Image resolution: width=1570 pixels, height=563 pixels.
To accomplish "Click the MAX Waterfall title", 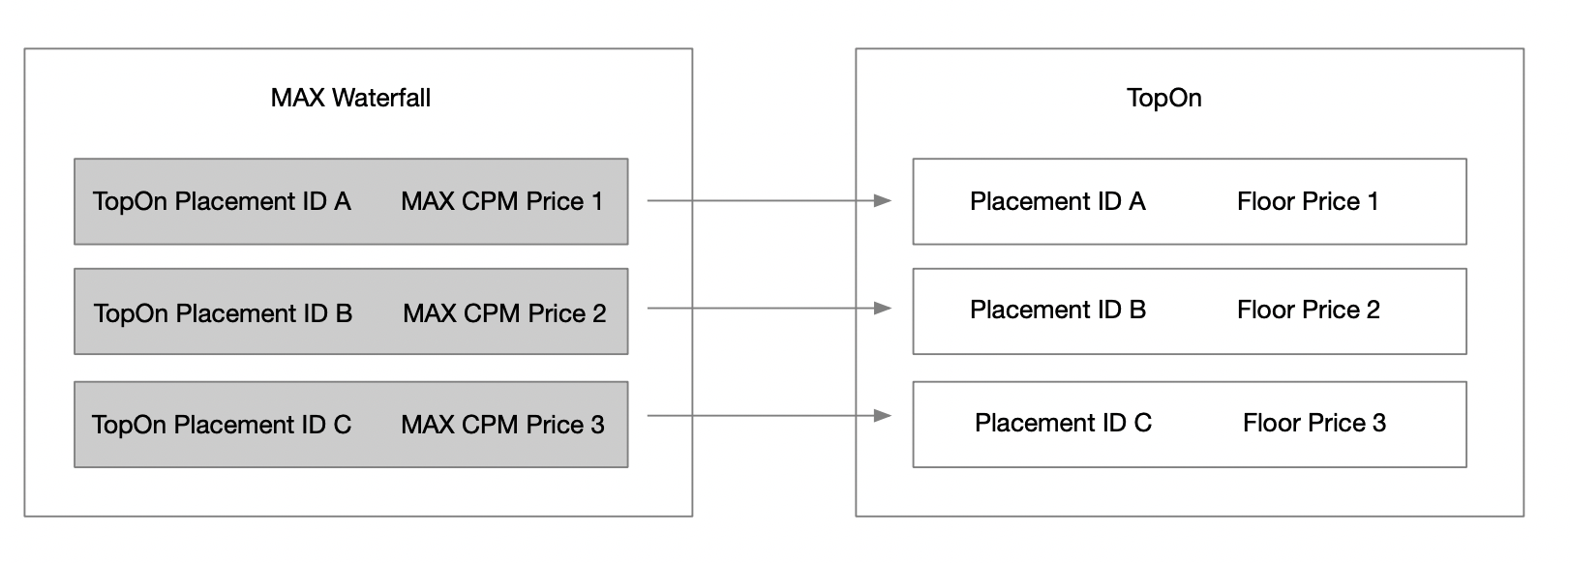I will point(350,98).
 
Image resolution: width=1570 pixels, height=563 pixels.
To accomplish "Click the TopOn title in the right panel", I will point(1163,98).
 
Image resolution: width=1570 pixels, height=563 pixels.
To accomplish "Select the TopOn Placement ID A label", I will point(222,201).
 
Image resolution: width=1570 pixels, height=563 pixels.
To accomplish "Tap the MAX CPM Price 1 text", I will point(501,201).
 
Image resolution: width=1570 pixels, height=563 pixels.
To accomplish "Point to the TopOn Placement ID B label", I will point(223,313).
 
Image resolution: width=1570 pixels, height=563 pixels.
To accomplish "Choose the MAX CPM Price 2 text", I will point(504,313).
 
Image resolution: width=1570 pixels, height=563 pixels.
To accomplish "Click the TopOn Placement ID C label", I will point(222,425).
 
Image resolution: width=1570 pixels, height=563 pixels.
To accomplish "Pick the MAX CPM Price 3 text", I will point(502,425).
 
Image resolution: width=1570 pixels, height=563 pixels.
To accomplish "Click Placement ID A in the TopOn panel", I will point(1057,201).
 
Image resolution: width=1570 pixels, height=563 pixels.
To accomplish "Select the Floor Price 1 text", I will point(1308,201).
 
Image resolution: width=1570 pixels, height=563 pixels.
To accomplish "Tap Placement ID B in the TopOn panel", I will point(1058,310).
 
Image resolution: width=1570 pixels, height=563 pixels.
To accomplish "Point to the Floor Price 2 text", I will point(1309,310).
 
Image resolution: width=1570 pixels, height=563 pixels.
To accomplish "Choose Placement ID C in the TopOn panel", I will point(1063,423).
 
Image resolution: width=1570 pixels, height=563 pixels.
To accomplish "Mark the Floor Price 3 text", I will point(1314,423).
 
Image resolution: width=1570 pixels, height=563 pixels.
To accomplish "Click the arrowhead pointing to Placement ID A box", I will point(882,200).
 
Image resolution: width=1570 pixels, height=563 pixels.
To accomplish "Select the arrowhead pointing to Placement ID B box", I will point(882,309).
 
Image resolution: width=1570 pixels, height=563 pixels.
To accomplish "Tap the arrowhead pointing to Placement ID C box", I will point(882,416).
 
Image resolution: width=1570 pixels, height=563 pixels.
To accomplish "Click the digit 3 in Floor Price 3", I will point(1379,423).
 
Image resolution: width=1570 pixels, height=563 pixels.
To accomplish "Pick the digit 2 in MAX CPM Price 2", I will point(599,313).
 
